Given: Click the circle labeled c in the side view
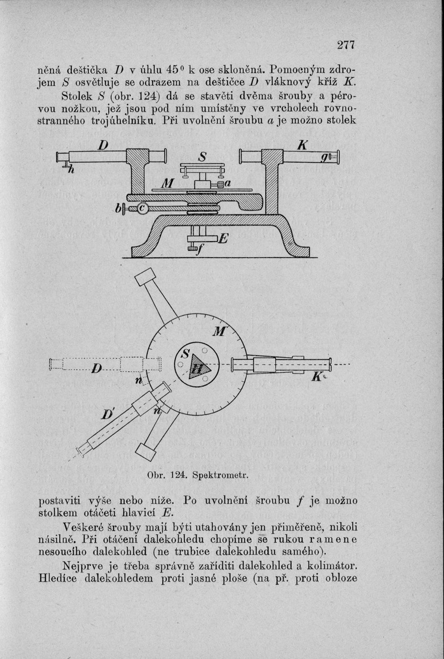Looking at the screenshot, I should (142, 209).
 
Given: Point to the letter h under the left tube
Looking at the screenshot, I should (71, 170).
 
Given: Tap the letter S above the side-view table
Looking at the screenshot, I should (203, 158).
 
